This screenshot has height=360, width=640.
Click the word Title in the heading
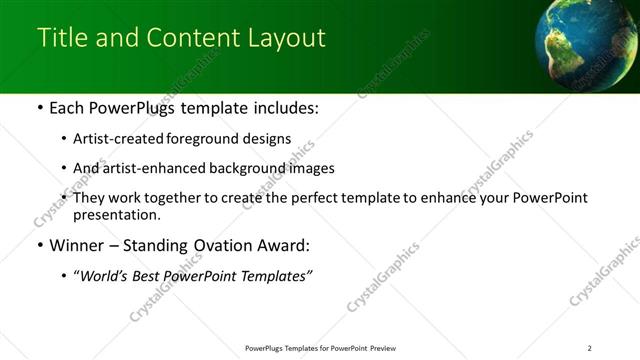tap(58, 37)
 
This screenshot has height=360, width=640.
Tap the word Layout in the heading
tap(287, 37)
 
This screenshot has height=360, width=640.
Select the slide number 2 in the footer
tap(590, 348)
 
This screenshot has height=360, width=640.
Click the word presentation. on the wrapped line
tap(116, 214)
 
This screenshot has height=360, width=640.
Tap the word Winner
tap(75, 245)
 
